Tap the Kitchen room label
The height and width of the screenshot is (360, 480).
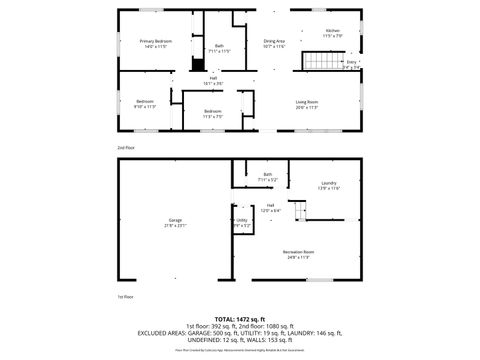332,33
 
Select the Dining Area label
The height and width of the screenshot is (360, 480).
274,43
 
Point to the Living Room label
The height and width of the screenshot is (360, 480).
306,104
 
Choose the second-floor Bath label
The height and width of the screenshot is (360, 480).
219,47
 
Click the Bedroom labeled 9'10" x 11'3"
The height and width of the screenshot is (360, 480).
144,103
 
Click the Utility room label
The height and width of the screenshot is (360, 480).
242,222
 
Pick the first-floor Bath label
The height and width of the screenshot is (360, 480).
267,176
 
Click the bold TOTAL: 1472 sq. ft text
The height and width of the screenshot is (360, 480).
240,319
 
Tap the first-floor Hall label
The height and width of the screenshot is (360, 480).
270,207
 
